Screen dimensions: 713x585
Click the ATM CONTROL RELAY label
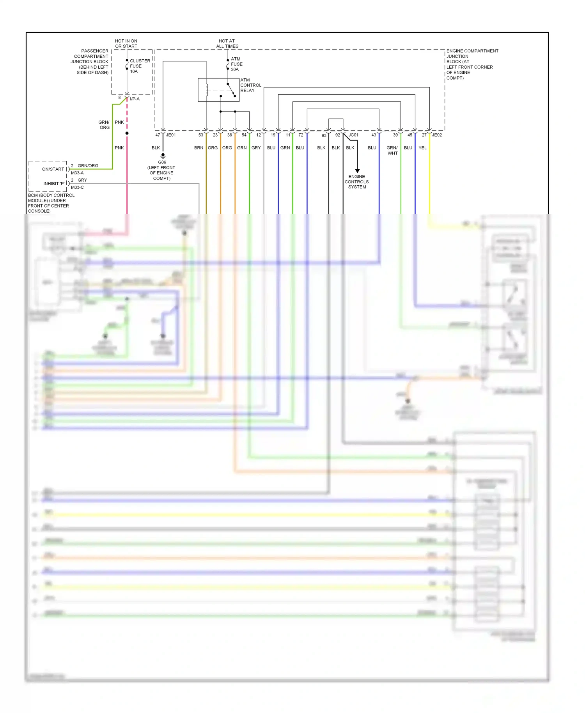pos(250,85)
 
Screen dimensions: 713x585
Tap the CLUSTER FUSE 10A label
pos(139,66)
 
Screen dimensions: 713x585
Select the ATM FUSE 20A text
pos(236,64)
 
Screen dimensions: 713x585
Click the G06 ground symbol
pos(163,155)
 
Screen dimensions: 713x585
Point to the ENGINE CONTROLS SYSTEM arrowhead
pos(357,171)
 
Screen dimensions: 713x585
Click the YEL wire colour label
pos(422,148)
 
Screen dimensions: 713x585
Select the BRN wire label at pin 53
pos(199,148)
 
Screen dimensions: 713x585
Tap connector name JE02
pos(437,135)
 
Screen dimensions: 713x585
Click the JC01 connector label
pos(353,135)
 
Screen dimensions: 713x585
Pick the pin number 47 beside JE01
pos(158,135)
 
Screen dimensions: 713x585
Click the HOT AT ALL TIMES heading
pos(227,43)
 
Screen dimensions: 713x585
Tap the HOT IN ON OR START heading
pos(126,43)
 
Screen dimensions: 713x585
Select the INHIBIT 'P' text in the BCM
pos(54,183)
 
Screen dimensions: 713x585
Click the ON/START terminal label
pos(53,169)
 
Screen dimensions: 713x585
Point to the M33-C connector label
pos(77,187)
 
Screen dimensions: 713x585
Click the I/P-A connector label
pos(135,99)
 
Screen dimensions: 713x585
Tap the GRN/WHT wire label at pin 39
pos(392,150)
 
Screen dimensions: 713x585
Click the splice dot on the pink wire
pos(127,133)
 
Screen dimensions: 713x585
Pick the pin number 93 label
pos(324,135)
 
